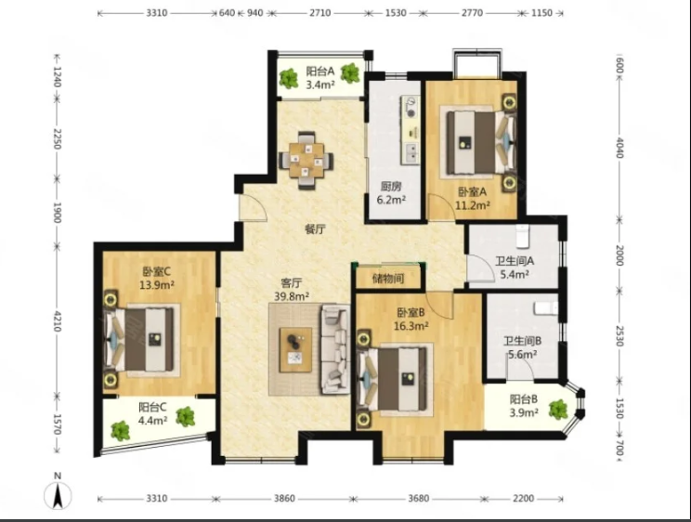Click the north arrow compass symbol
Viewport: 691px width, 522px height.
click(58, 495)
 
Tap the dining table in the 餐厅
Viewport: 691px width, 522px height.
click(306, 160)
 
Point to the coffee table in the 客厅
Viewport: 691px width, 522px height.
click(295, 349)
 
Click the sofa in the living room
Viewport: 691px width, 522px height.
click(335, 348)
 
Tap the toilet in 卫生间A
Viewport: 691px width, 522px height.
click(522, 235)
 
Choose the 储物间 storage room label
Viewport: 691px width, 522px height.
click(388, 279)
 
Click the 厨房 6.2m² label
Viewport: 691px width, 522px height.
click(391, 193)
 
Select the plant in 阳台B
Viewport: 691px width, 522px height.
click(558, 409)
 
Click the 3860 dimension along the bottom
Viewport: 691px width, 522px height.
click(284, 499)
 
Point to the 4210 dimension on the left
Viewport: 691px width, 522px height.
click(58, 321)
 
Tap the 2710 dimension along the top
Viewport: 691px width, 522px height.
click(319, 13)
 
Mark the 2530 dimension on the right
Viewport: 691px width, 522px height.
click(619, 336)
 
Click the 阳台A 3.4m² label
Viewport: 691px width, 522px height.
click(320, 78)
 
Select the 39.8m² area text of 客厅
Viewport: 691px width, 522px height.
click(292, 296)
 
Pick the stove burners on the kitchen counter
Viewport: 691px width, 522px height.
click(411, 107)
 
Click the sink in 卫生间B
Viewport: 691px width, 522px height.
click(545, 308)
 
